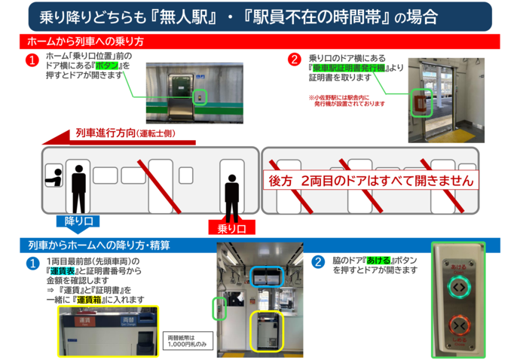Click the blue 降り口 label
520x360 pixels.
click(x=78, y=221)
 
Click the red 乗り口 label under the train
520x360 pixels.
click(x=232, y=227)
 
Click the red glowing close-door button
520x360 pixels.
click(x=460, y=326)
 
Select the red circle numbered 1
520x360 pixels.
click(x=32, y=59)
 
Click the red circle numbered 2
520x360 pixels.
click(x=295, y=58)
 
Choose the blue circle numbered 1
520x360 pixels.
click(x=32, y=263)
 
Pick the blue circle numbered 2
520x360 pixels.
click(x=318, y=262)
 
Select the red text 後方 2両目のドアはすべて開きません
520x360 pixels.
click(x=372, y=181)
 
